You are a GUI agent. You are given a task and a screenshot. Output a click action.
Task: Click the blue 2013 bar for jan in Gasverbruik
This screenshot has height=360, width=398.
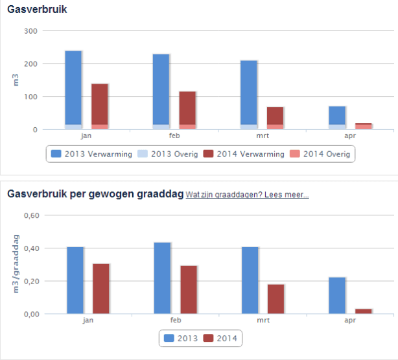[x=73, y=88]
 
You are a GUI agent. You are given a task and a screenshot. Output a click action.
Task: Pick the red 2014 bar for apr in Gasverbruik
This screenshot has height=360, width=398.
[x=363, y=125]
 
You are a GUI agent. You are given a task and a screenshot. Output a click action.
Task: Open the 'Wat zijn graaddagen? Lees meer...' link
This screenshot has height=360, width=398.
[x=246, y=194]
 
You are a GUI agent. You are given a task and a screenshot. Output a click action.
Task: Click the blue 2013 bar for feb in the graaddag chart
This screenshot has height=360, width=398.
[x=162, y=278]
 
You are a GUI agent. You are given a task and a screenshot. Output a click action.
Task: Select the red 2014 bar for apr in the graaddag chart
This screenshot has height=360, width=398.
[x=363, y=311]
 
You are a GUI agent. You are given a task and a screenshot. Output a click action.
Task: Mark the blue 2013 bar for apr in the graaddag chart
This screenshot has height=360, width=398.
[x=337, y=296]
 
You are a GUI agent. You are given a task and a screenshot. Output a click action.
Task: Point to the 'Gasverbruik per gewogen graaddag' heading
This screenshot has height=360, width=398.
[x=94, y=193]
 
